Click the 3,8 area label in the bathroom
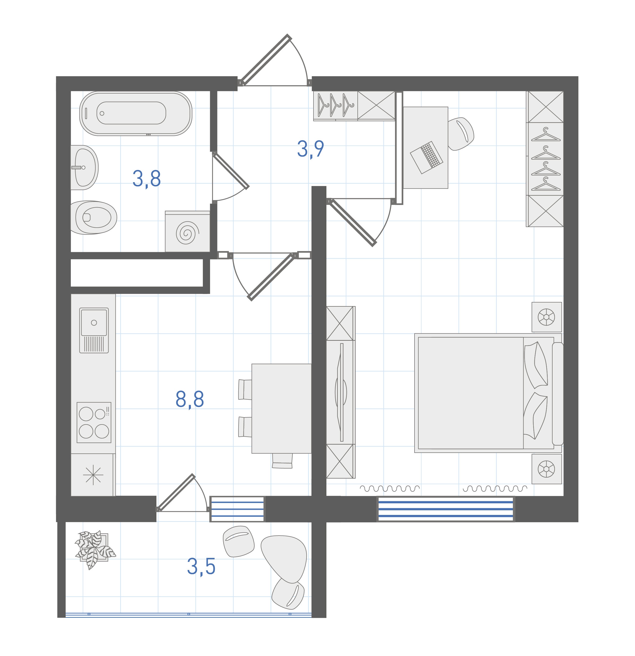point(147,179)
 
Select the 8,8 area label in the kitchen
point(190,399)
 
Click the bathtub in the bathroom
point(136,113)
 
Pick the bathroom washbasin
point(84,167)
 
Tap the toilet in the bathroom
point(94,218)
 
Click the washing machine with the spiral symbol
point(187,231)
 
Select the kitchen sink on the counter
point(94,330)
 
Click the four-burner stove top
point(94,422)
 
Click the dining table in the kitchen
point(281,409)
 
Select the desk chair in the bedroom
point(461,134)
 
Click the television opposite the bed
point(341,392)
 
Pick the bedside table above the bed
point(547,317)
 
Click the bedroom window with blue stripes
point(446,509)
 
